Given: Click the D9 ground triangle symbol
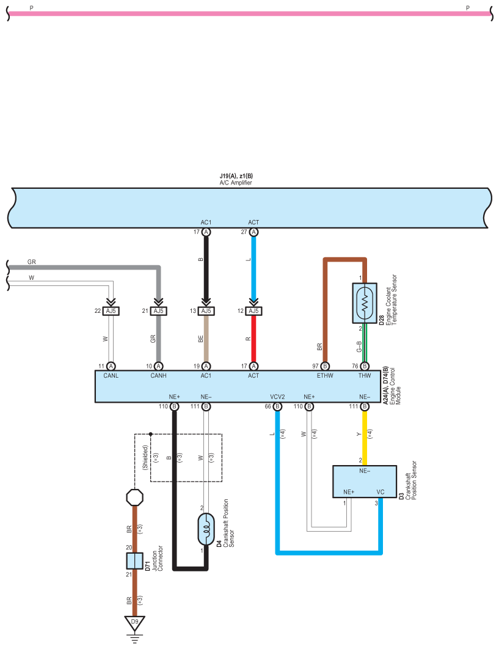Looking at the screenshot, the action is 134,623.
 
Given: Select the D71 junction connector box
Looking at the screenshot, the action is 134,561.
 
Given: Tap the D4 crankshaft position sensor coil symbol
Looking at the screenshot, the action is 206,529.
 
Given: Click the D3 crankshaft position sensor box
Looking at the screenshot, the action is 365,482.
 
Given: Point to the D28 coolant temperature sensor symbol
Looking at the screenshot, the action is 365,303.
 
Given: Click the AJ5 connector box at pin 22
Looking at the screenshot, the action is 111,311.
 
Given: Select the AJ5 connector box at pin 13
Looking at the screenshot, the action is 206,311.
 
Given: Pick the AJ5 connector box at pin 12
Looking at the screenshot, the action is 253,311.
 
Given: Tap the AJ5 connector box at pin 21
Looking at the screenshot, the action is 158,311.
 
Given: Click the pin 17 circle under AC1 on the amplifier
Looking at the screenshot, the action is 206,232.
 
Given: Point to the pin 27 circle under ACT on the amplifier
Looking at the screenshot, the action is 253,232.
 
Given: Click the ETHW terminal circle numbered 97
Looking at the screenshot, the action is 325,366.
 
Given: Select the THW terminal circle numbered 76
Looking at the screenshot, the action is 365,366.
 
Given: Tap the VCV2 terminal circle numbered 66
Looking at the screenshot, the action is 278,406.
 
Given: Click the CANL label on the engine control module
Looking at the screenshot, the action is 111,376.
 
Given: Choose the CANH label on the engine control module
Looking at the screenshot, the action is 158,376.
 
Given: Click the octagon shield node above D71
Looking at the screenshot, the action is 134,497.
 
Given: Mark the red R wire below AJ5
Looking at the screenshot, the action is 253,339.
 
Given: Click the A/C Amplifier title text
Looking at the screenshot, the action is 236,183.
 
